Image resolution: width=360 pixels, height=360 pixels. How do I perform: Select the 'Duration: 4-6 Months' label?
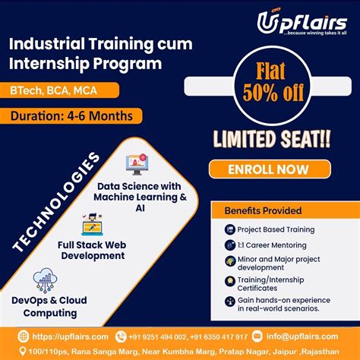point(76,116)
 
